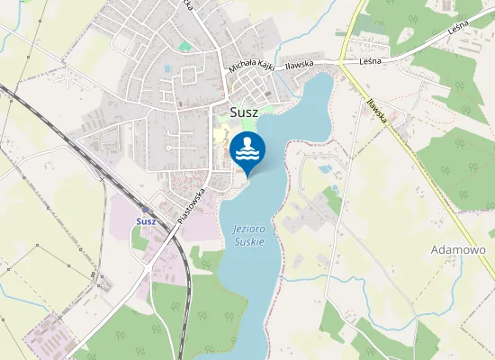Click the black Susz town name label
[232, 112]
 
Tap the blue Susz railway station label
[146, 220]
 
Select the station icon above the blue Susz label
[146, 209]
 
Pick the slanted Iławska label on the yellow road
[376, 111]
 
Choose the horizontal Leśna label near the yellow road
[370, 61]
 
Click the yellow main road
[423, 171]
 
